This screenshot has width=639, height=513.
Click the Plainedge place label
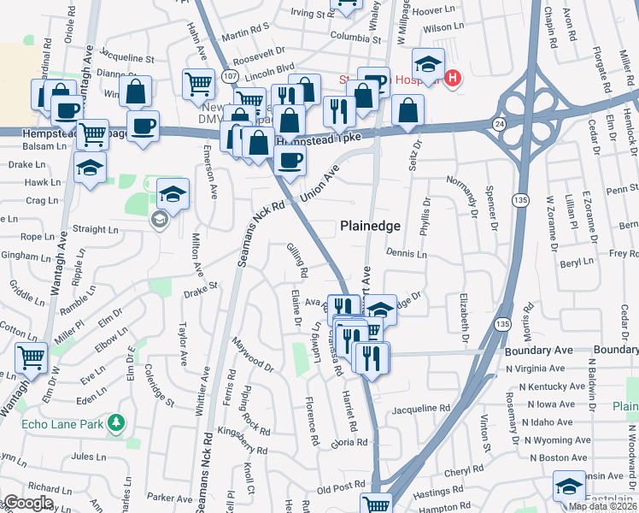coord(370,226)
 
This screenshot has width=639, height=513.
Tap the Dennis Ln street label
coord(406,253)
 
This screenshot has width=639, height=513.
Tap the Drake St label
coord(201,292)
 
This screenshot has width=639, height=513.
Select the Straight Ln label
coord(96,229)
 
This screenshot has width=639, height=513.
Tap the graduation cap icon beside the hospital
coord(428,62)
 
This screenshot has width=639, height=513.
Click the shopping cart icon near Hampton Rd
coord(376,504)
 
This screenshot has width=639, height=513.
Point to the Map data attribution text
coord(602,506)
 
